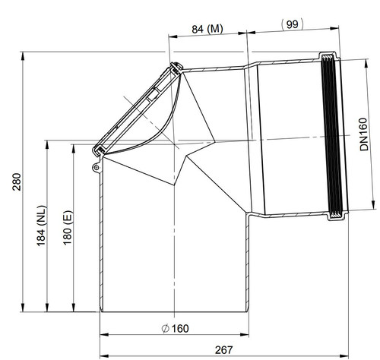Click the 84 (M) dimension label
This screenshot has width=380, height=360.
coord(207,29)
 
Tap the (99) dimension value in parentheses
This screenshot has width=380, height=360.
coord(293,24)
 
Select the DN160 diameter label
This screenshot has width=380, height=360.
coord(363,134)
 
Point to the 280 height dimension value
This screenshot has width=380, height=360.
coord(17,182)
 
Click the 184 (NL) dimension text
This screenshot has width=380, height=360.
coord(42,226)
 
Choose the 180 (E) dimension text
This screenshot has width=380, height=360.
coord(68,228)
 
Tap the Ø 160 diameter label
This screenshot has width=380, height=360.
coord(175,329)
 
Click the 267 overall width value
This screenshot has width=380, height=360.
coord(223,350)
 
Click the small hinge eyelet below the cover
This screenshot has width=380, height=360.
coord(97,167)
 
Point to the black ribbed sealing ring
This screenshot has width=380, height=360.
coord(332,136)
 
